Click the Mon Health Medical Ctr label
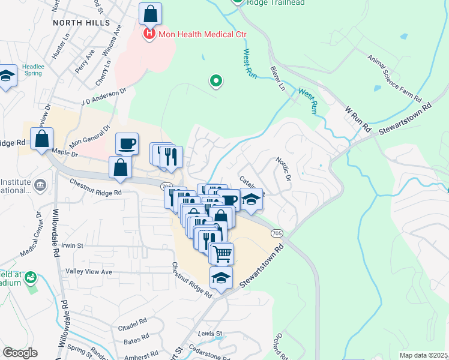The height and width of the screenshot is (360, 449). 203,34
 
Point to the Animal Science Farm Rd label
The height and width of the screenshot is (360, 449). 395,77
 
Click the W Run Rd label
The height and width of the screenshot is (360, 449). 359,119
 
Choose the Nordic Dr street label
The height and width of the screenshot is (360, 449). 283,170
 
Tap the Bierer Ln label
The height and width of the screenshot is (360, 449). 277,78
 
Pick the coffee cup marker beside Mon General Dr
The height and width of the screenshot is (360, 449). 127,143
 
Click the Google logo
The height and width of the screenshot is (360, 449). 20,353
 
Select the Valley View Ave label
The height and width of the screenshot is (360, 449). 89,272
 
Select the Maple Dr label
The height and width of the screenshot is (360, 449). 65,154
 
